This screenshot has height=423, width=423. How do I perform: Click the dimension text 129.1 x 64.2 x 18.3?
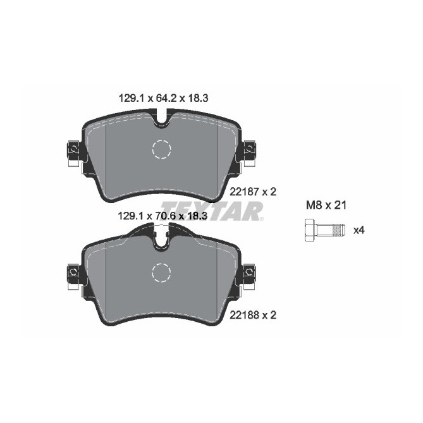(164, 98)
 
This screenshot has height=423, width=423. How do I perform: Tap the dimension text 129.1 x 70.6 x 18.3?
(164, 216)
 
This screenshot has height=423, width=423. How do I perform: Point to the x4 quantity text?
(359, 230)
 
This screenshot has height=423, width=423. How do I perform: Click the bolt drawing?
(323, 230)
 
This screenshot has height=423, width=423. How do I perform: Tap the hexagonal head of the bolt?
(310, 230)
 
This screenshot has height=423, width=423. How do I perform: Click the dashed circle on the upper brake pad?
(162, 149)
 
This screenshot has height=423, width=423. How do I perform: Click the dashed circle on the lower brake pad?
(162, 273)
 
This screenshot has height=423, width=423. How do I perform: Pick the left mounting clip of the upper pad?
(73, 151)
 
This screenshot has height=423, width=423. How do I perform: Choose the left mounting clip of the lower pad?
(73, 273)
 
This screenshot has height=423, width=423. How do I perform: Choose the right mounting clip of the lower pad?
(250, 273)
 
